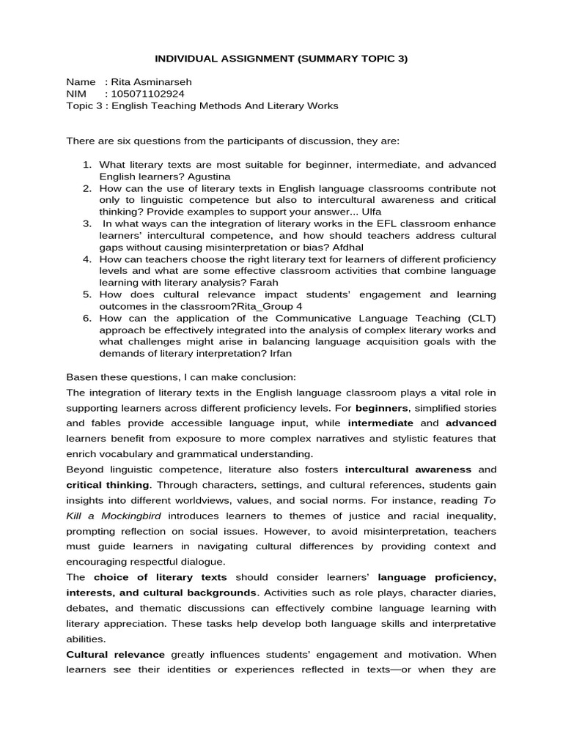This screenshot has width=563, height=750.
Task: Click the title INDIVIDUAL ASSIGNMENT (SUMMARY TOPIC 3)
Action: pyautogui.click(x=281, y=59)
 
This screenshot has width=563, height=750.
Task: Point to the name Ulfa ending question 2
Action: pyautogui.click(x=367, y=212)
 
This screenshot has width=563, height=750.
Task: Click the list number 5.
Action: pyautogui.click(x=86, y=294)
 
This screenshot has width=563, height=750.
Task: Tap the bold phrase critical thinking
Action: pyautogui.click(x=108, y=486)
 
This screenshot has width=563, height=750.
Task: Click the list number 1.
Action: pyautogui.click(x=86, y=165)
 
